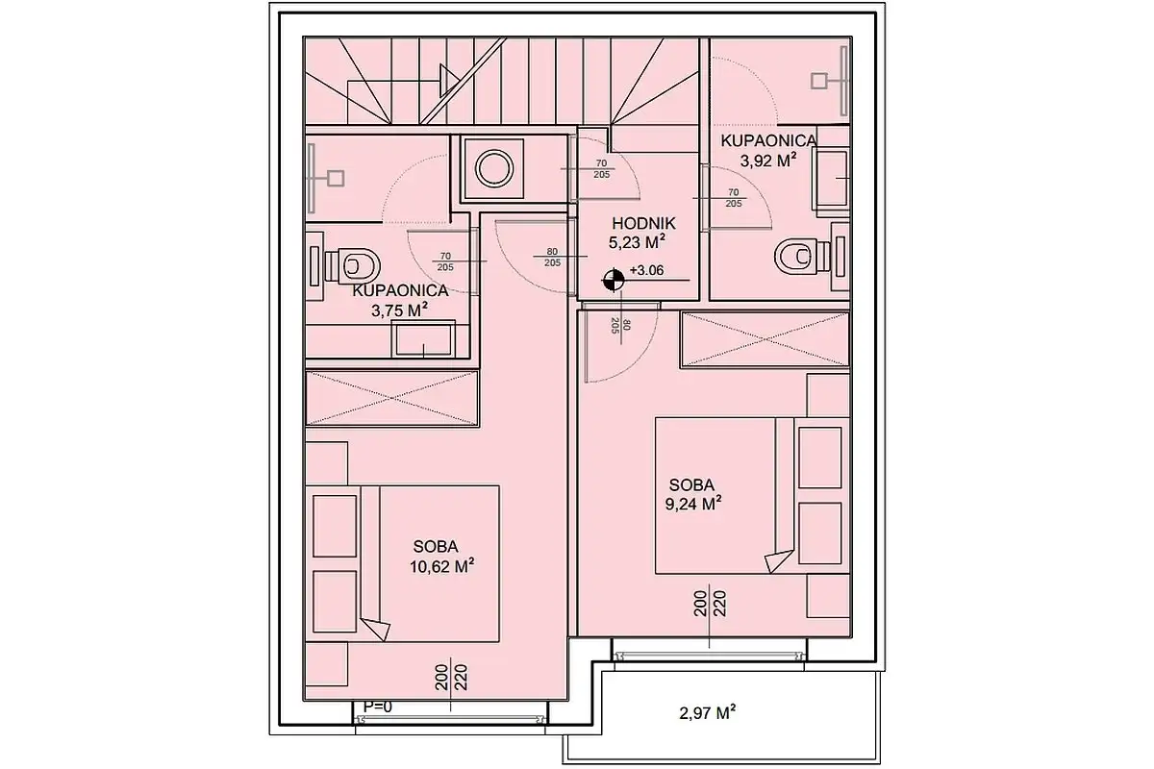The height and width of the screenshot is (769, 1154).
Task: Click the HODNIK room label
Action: pyautogui.click(x=643, y=224)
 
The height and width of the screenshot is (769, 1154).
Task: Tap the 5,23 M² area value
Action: pyautogui.click(x=637, y=242)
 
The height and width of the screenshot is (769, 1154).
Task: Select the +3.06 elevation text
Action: pyautogui.click(x=647, y=270)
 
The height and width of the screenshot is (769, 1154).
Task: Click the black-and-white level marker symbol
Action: pyautogui.click(x=614, y=280)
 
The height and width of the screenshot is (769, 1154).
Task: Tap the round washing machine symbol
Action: pyautogui.click(x=494, y=168)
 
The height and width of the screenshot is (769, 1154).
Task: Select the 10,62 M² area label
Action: pyautogui.click(x=442, y=567)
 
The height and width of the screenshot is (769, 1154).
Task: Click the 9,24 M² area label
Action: pyautogui.click(x=693, y=504)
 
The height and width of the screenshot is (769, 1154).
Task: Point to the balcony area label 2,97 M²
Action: pyautogui.click(x=708, y=713)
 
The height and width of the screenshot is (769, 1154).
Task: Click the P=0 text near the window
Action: pyautogui.click(x=378, y=707)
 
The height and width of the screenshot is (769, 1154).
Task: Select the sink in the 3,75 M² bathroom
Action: pyautogui.click(x=423, y=339)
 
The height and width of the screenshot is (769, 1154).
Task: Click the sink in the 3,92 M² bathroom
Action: pyautogui.click(x=831, y=179)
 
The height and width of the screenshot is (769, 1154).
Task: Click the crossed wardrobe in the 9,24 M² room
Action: pyautogui.click(x=765, y=339)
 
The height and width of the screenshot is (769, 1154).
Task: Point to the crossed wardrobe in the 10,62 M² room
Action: pyautogui.click(x=392, y=398)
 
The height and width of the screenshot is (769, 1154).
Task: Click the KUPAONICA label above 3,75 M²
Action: pyautogui.click(x=400, y=290)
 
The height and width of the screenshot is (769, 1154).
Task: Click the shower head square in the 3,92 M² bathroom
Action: pyautogui.click(x=819, y=81)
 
